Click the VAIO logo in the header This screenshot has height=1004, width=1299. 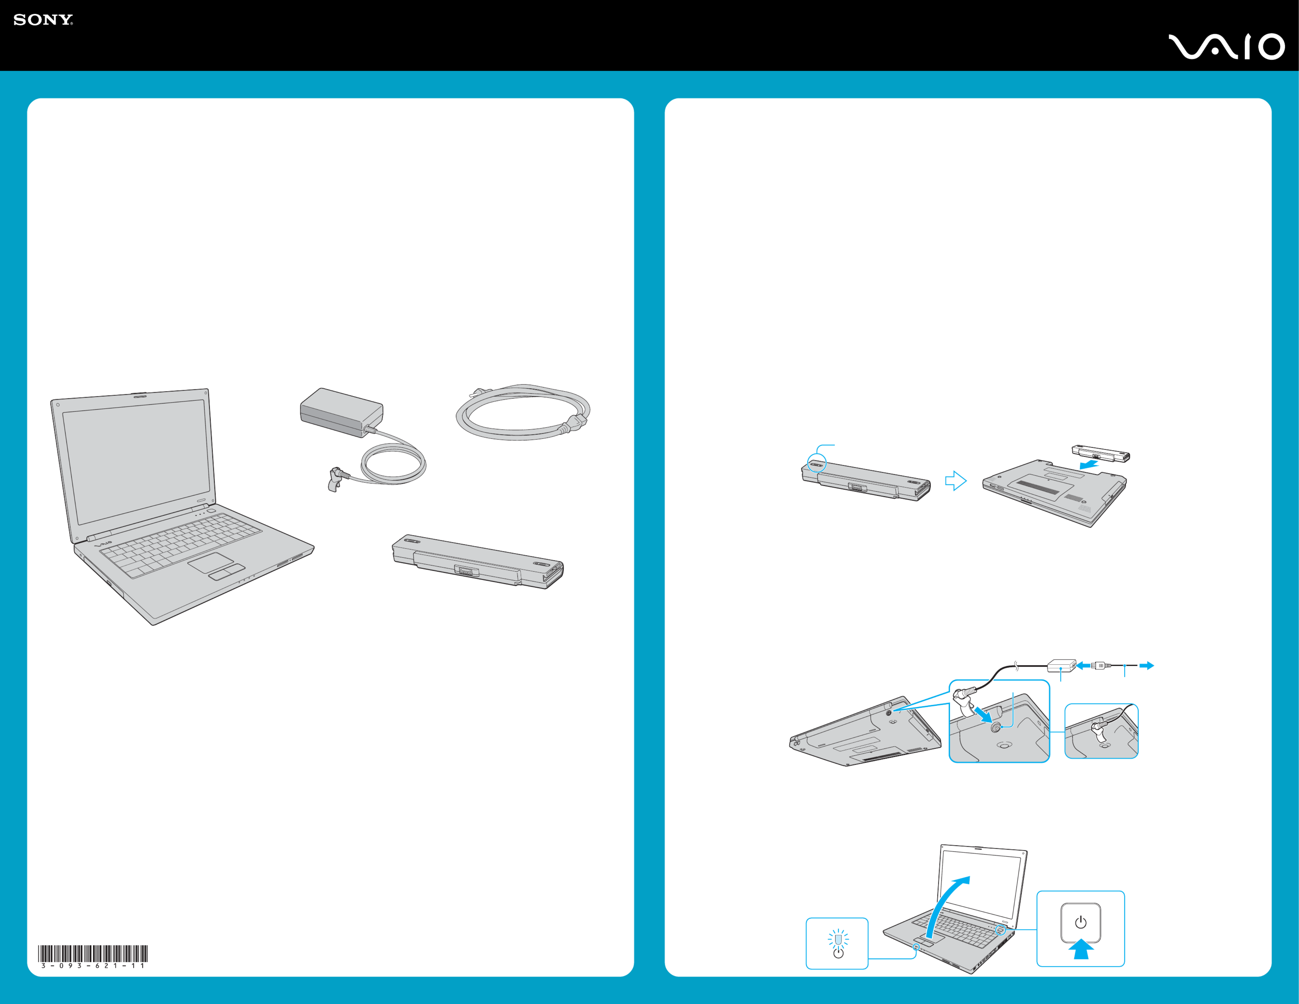1226,47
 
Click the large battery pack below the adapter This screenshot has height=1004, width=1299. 477,562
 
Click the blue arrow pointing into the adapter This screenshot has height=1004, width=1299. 1084,665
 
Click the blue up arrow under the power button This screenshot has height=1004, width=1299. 1081,949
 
